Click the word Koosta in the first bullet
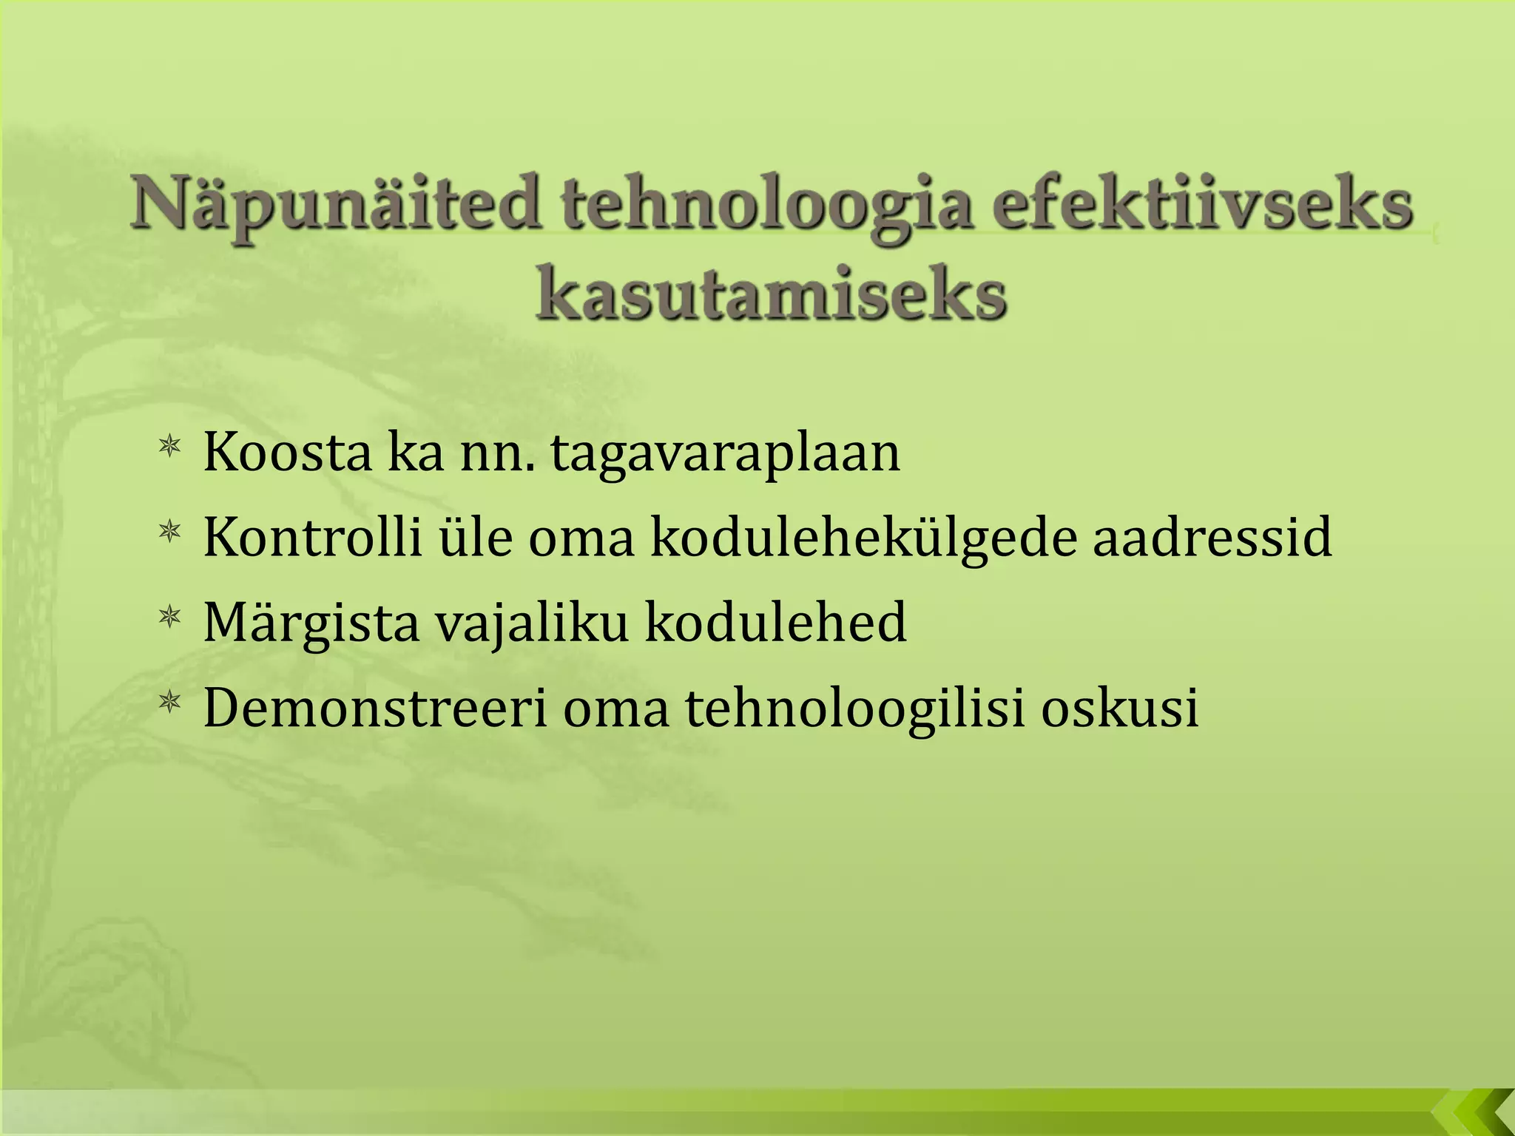(287, 453)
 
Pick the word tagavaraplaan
(725, 453)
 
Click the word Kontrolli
(313, 537)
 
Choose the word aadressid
(1212, 537)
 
